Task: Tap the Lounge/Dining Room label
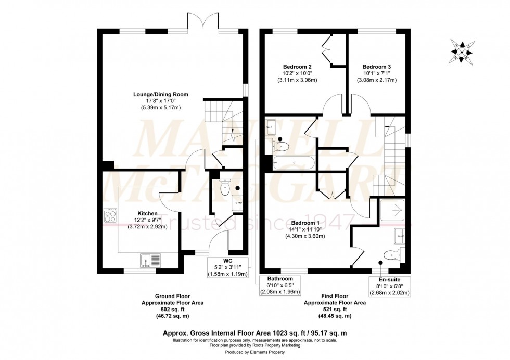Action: pyautogui.click(x=160, y=94)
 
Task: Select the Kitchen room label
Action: pyautogui.click(x=147, y=213)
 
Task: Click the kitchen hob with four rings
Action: pyautogui.click(x=111, y=215)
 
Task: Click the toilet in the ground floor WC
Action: pyautogui.click(x=225, y=188)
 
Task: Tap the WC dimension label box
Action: pyautogui.click(x=227, y=266)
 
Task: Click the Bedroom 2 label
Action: pyautogui.click(x=297, y=67)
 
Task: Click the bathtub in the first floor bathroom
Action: pyautogui.click(x=293, y=163)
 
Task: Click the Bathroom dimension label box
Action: pyautogui.click(x=280, y=286)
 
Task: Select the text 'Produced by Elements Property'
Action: pyautogui.click(x=254, y=352)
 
